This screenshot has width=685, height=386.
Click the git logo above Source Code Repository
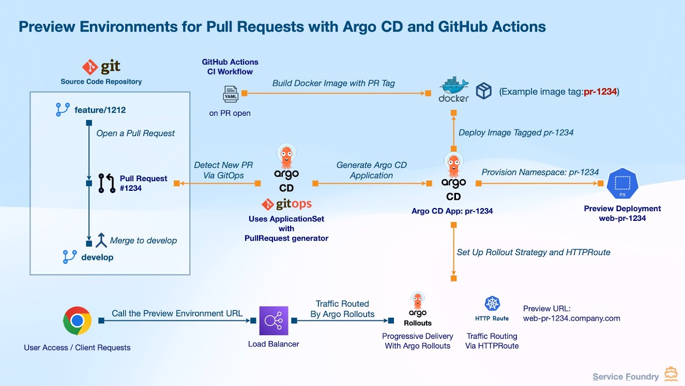101,67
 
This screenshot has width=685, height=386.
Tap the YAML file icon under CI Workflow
230,94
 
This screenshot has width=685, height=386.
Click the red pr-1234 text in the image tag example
600,92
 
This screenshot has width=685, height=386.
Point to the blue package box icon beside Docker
484,91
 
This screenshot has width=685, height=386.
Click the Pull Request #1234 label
143,183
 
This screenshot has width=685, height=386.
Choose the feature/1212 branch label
100,110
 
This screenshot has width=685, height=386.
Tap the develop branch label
97,257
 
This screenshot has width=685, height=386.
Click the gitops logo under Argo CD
286,204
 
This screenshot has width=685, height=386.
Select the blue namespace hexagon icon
622,184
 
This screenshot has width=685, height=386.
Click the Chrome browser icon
77,321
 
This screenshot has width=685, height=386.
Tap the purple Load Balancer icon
273,321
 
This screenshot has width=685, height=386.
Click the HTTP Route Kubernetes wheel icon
492,304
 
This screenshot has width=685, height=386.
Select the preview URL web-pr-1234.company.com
572,318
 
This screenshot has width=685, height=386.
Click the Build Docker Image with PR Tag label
333,83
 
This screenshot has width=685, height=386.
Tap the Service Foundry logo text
625,376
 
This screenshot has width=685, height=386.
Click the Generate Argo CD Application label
371,170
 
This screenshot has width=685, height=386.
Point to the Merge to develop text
143,241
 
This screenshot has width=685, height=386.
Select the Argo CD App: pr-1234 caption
452,211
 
